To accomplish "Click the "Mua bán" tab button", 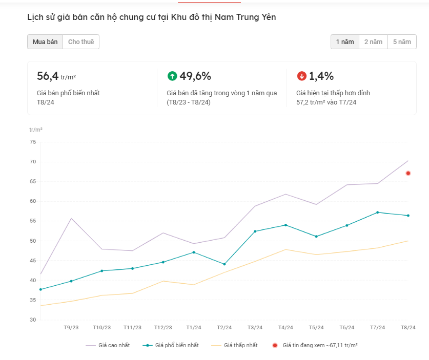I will [45, 42].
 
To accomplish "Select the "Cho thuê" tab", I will [81, 42].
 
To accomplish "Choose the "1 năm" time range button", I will [345, 42].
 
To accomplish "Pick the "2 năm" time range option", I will [373, 42].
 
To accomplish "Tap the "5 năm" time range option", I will [402, 42].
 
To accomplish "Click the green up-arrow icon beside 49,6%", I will [172, 76].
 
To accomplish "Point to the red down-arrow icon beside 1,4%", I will [302, 76].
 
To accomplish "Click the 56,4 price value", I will [48, 76].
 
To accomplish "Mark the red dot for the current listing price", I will [408, 173].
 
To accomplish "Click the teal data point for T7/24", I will [378, 213].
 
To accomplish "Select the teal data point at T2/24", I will [224, 264].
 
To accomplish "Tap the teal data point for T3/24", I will [255, 231].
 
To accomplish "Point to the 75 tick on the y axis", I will [33, 142].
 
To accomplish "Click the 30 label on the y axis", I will [33, 320].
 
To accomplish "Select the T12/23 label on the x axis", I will [163, 328].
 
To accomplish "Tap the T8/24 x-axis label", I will [408, 328].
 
